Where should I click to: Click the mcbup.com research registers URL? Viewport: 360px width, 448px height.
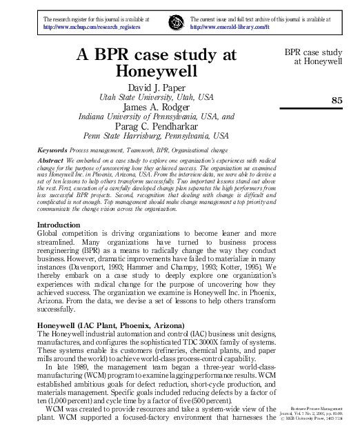pos(92,27)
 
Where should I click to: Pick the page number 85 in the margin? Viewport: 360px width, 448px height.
pos(337,101)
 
